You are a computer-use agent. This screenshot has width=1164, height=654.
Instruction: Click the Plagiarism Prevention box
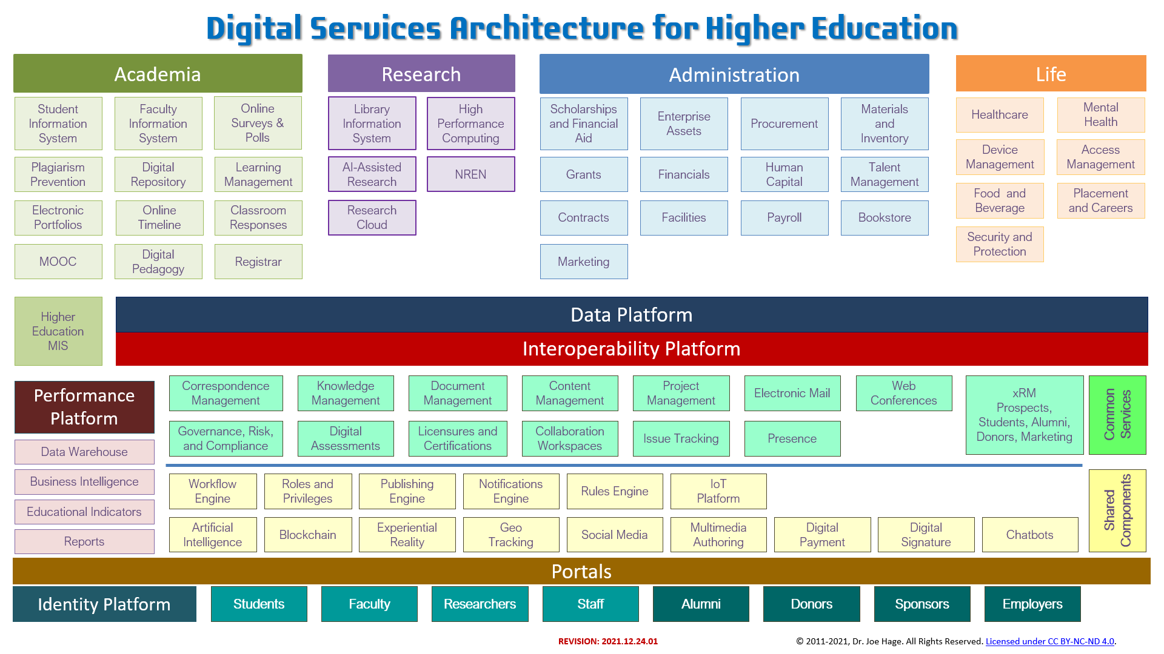tap(58, 174)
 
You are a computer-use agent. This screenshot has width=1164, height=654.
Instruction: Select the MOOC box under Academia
tap(58, 262)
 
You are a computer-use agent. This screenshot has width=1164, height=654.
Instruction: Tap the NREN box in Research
tap(470, 174)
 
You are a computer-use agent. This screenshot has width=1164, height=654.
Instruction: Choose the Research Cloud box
tap(372, 217)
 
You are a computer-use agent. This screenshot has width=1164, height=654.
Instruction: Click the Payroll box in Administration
tap(784, 217)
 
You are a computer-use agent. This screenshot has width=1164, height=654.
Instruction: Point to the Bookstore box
tap(884, 217)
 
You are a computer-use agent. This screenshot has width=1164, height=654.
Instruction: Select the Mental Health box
tap(1100, 114)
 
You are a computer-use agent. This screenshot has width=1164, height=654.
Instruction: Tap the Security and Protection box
tap(1000, 244)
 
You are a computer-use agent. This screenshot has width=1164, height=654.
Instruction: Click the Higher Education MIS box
tap(58, 331)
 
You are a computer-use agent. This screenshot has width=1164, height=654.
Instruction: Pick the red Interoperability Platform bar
tap(631, 349)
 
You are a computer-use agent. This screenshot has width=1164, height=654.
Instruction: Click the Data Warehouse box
tap(84, 452)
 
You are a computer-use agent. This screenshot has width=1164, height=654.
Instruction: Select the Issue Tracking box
tap(681, 438)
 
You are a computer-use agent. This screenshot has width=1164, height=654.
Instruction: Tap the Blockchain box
tap(307, 535)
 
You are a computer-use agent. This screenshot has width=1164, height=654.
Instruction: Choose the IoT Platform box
tap(718, 491)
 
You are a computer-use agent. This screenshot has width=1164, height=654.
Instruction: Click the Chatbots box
tap(1029, 535)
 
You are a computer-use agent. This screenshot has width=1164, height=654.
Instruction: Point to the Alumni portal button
tap(701, 604)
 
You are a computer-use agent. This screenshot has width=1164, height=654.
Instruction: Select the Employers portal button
tap(1032, 604)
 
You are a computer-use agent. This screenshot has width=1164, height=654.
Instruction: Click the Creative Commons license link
tap(1049, 641)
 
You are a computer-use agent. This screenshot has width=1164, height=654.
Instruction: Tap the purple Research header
tap(421, 74)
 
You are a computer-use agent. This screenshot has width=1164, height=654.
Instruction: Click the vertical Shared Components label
tap(1117, 510)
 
